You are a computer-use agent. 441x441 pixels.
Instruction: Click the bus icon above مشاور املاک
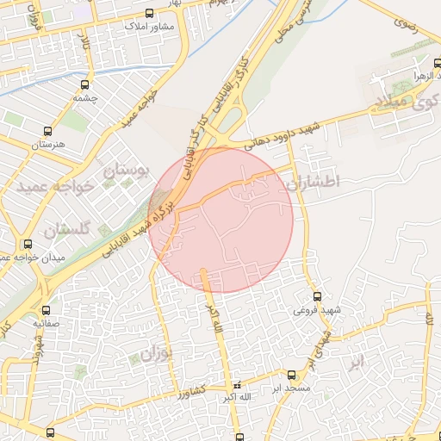151,13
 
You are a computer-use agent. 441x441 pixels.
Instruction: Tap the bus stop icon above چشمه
84,84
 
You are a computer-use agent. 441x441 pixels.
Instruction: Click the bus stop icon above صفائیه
46,310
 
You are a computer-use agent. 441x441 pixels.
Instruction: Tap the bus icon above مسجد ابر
290,375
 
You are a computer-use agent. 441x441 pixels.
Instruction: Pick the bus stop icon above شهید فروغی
317,296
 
